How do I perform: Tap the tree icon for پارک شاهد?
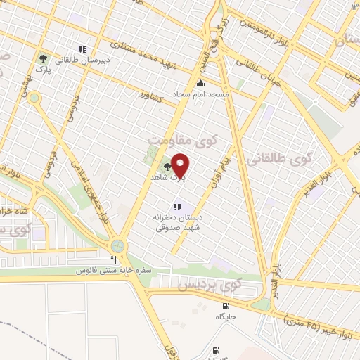(167, 166)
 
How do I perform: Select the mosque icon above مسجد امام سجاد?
(200, 84)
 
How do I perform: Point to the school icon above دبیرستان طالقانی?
(82, 50)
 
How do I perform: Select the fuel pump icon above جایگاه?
(225, 306)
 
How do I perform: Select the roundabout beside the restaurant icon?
(117, 246)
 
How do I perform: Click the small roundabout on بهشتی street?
(34, 98)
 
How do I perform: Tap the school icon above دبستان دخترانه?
(179, 206)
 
